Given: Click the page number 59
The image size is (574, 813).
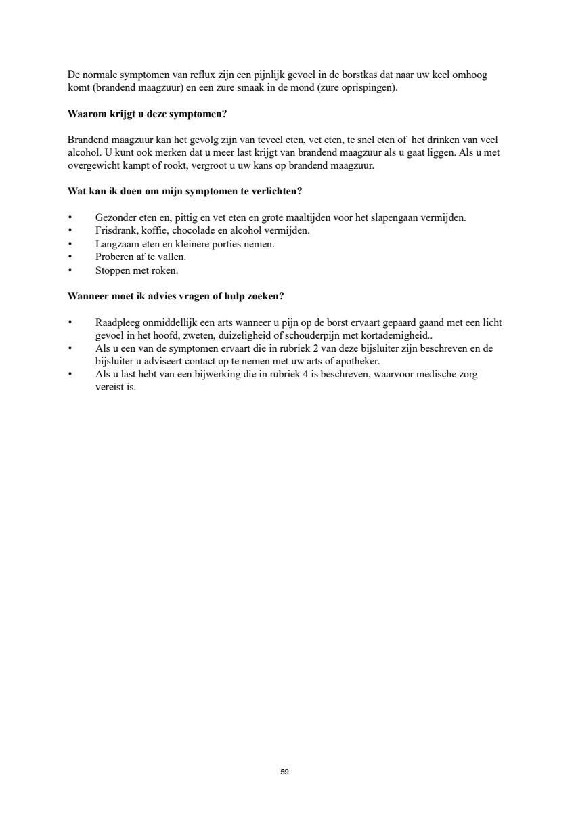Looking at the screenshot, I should pyautogui.click(x=284, y=772).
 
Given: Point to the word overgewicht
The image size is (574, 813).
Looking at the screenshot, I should pyautogui.click(x=93, y=165).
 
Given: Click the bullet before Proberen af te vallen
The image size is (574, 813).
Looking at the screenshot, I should pyautogui.click(x=70, y=257).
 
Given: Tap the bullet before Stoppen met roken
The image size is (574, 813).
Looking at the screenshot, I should pyautogui.click(x=70, y=270).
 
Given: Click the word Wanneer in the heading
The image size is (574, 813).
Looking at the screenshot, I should pyautogui.click(x=87, y=297).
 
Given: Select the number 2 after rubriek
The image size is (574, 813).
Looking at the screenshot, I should pyautogui.click(x=310, y=348).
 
